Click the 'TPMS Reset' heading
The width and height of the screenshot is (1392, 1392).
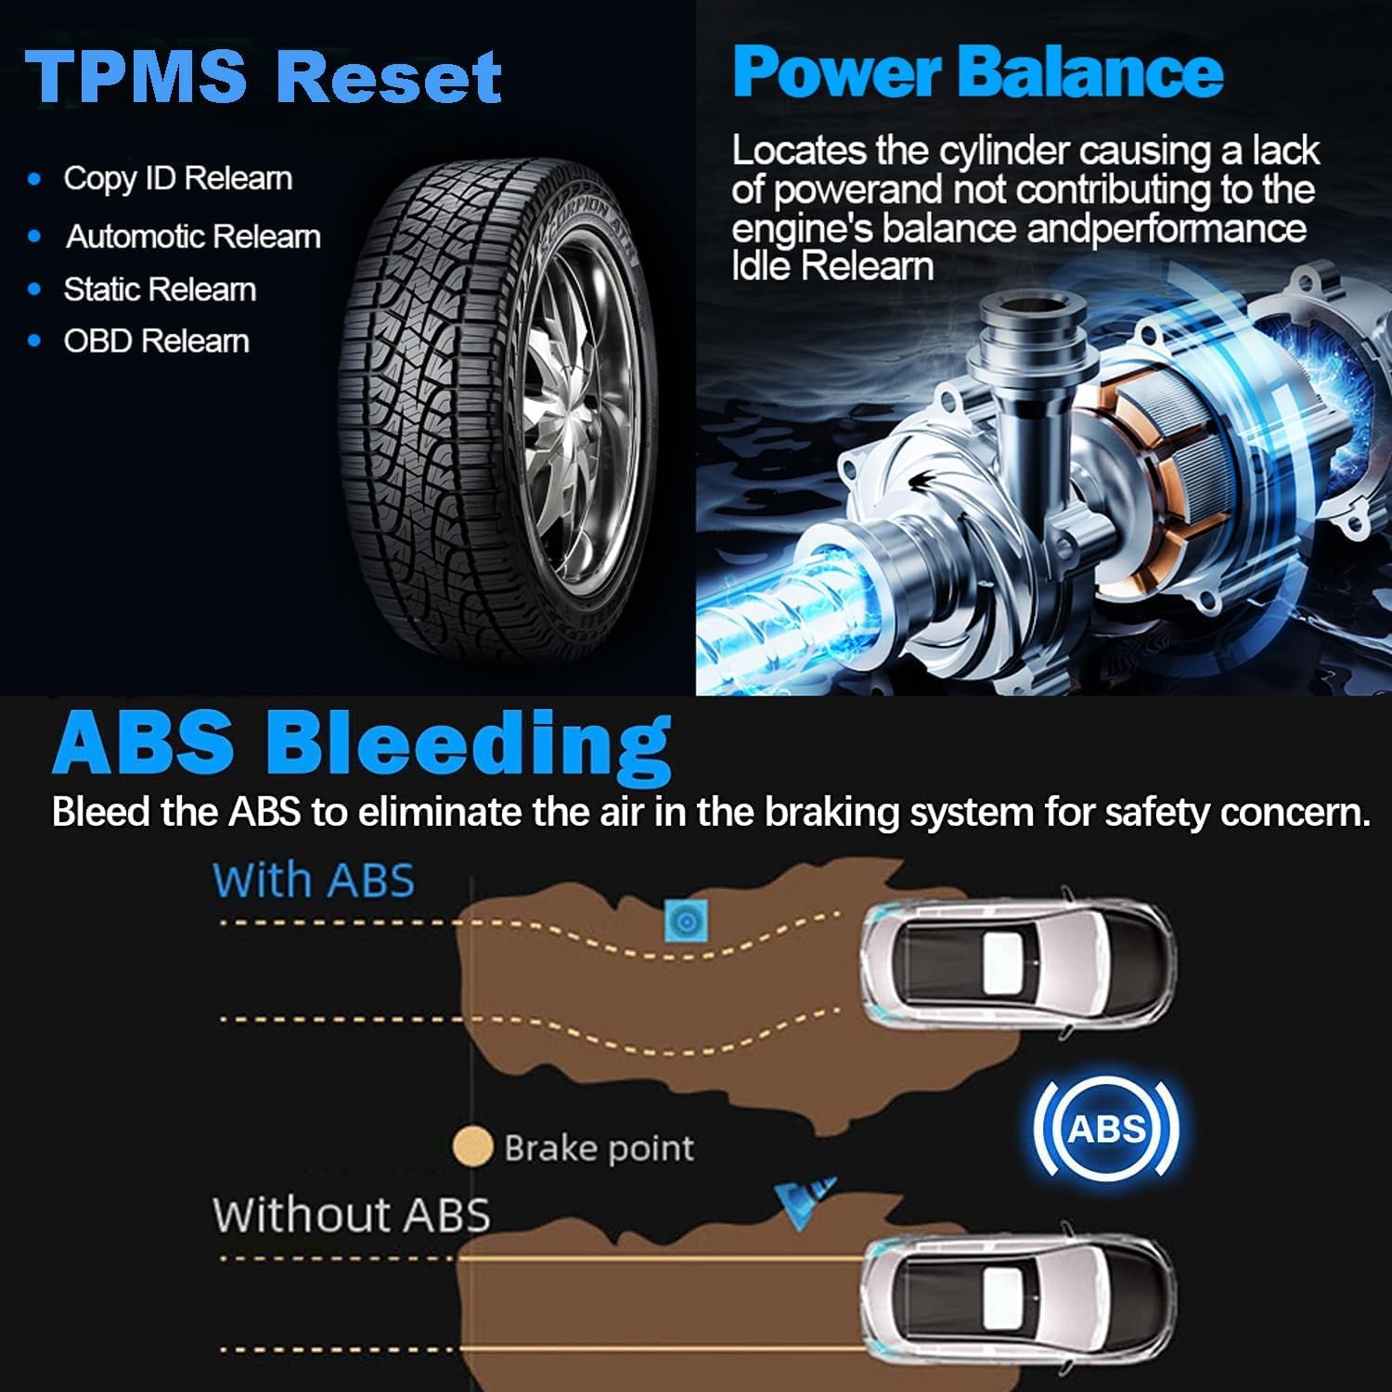coord(264,76)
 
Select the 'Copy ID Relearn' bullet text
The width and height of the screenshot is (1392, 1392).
coord(177,178)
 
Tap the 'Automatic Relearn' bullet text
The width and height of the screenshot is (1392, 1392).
coord(193,237)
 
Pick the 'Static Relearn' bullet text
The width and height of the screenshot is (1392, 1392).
coord(160,290)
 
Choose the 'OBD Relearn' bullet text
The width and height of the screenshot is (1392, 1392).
coord(156,342)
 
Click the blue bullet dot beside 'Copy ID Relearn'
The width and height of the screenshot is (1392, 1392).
coord(35,179)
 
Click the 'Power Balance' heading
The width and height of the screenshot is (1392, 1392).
coord(977,72)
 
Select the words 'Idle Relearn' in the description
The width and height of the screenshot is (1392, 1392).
coord(832,267)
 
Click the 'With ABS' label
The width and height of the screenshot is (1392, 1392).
coord(314,880)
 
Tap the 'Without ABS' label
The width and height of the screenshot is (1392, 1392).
coord(351,1214)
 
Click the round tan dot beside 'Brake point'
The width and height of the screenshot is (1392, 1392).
coord(472,1147)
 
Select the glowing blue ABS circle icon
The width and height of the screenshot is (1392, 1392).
coord(1106,1128)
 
